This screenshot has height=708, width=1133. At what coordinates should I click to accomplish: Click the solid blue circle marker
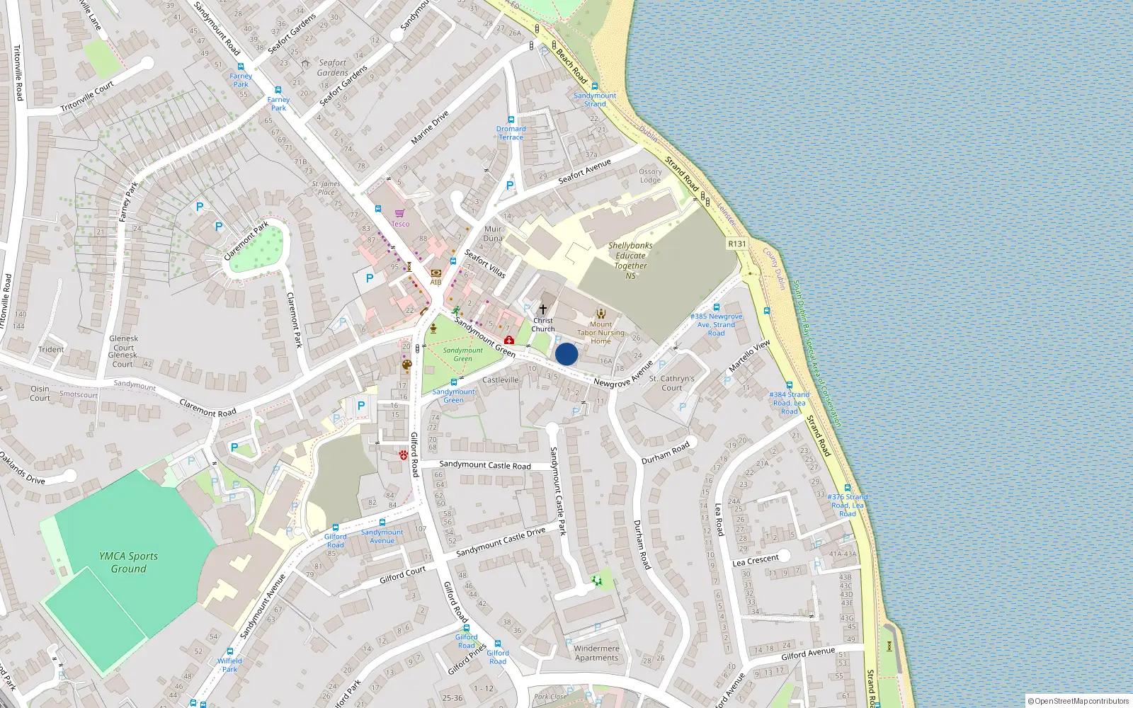[x=566, y=354]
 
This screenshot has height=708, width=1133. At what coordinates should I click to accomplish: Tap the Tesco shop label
[x=401, y=224]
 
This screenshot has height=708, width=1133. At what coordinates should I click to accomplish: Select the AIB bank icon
[x=435, y=273]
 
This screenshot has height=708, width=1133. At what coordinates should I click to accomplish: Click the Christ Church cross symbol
[x=543, y=309]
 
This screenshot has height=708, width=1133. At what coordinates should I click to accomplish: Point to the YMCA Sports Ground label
[x=128, y=562]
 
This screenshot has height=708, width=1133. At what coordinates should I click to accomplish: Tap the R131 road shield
[x=737, y=244]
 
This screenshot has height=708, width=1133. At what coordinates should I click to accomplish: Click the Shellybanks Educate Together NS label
[x=630, y=261]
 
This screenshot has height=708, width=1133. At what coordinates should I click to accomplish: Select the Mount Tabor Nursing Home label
[x=600, y=333]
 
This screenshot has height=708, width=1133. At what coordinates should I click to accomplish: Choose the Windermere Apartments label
[x=596, y=653]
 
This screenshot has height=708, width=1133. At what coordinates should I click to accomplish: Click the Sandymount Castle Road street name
[x=485, y=465]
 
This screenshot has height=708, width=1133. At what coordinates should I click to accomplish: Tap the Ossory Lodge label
[x=650, y=176]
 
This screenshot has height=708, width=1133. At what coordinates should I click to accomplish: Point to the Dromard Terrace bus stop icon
[x=511, y=120]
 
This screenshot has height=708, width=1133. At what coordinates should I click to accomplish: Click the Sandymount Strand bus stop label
[x=595, y=100]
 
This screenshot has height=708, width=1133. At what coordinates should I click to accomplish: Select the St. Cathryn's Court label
[x=671, y=383]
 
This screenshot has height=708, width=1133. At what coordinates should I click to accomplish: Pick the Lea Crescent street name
[x=756, y=561]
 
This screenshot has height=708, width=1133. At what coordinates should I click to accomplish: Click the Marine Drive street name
[x=430, y=128]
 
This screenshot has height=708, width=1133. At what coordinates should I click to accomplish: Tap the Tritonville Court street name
[x=87, y=97]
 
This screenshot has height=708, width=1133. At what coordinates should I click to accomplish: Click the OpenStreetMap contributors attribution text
[x=1081, y=702]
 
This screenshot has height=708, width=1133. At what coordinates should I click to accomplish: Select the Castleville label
[x=501, y=380]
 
